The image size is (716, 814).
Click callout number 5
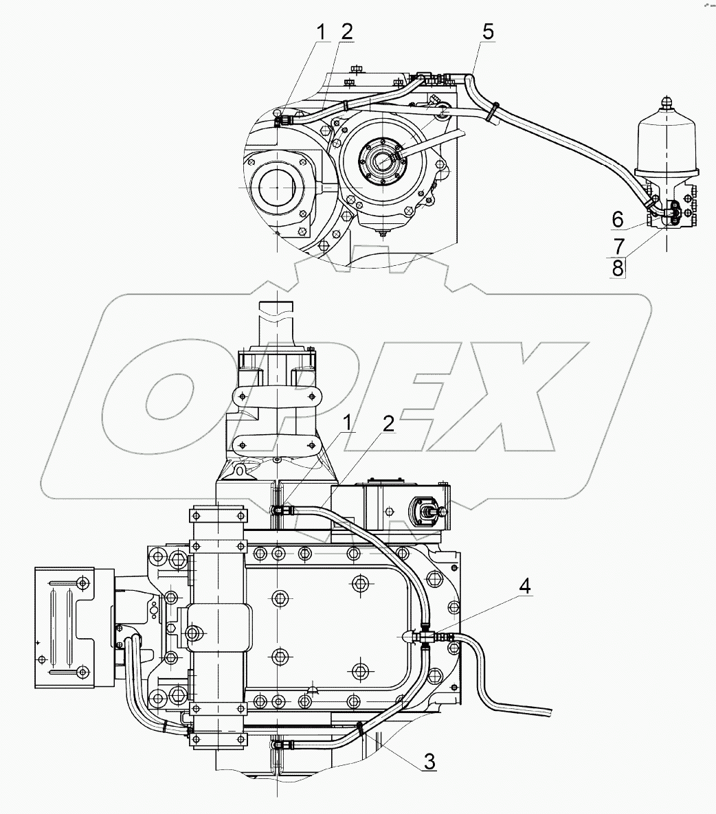(488, 32)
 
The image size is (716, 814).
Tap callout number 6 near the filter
(617, 220)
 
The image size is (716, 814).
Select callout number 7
(618, 245)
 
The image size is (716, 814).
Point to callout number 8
(617, 269)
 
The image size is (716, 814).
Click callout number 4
(525, 587)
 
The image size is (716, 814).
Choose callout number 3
(429, 762)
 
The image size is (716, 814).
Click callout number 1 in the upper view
(322, 32)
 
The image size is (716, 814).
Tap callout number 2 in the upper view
(346, 32)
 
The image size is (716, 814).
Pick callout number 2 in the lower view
(388, 424)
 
